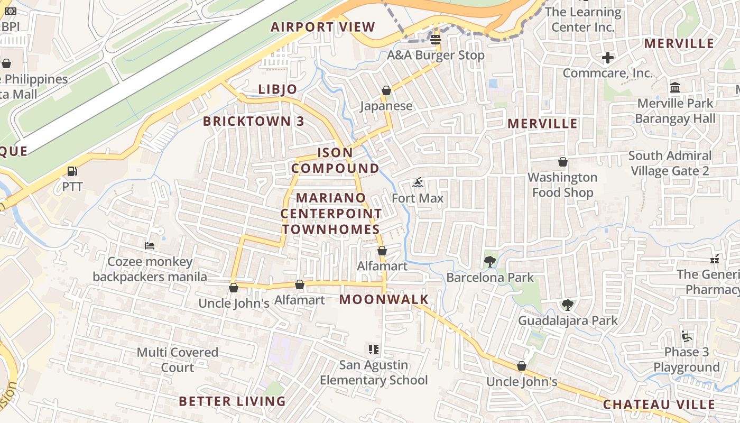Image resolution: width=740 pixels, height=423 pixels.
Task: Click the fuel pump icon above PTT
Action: (72, 171)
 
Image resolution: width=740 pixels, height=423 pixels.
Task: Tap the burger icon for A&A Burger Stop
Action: (436, 39)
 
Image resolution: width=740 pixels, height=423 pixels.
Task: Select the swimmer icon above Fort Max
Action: (418, 183)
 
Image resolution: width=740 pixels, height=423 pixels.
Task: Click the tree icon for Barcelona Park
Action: (489, 261)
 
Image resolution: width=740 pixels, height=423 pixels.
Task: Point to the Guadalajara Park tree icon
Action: (568, 305)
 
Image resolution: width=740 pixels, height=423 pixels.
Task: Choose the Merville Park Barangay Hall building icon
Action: (675, 87)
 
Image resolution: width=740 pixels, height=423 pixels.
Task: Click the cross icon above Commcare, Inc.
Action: (608, 57)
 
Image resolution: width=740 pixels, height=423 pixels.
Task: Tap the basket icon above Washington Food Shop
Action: (563, 161)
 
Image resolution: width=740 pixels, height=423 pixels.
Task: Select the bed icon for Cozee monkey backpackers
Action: (150, 246)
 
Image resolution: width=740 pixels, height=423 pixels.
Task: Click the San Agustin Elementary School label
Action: (374, 372)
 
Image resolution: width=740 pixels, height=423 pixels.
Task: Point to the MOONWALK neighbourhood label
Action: (384, 299)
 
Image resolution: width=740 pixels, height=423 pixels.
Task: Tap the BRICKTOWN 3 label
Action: (254, 121)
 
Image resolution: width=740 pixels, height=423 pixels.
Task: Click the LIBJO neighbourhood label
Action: (277, 89)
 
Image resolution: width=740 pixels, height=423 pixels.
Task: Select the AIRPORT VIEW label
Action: (323, 27)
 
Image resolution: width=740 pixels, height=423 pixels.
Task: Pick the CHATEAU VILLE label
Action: (659, 404)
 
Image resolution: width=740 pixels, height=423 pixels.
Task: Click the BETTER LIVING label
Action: (232, 401)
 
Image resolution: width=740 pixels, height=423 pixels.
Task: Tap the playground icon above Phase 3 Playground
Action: (687, 336)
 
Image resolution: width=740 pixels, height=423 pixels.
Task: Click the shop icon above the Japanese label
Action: (386, 90)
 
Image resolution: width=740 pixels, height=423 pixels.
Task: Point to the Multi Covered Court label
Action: (178, 360)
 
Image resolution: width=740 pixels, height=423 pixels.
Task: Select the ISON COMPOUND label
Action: (335, 160)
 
